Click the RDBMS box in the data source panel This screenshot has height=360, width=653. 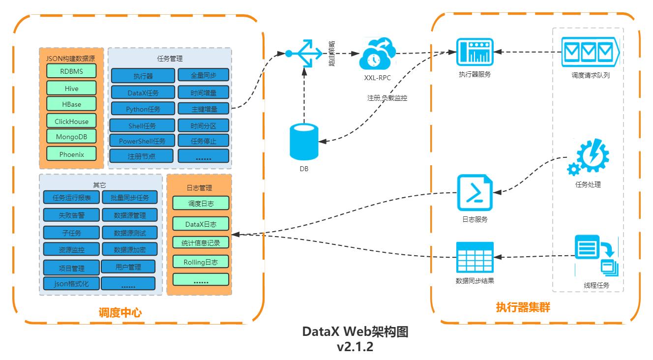72,70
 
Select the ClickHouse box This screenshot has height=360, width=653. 72,121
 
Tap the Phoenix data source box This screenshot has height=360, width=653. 72,154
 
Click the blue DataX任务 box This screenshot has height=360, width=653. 143,92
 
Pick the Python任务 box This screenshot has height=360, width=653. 143,109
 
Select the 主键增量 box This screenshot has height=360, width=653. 204,109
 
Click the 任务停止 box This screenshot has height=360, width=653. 204,141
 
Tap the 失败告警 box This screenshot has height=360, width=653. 71,215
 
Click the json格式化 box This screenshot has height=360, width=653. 71,284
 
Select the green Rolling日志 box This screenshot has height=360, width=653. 201,262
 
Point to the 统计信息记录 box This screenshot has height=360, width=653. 201,242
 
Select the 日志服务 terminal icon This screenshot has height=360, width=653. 474,193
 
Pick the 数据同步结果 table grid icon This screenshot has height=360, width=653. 475,257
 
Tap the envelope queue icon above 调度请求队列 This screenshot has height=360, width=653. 590,51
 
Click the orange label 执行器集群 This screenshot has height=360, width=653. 522,308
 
